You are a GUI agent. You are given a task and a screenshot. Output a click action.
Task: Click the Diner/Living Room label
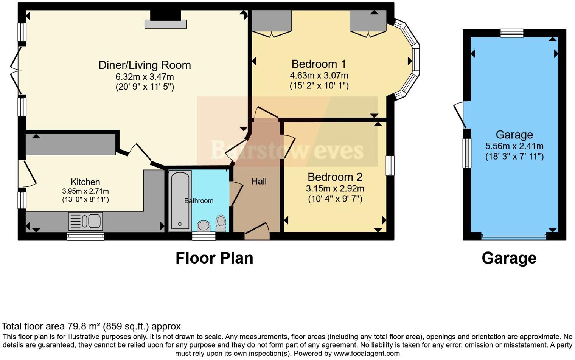(x=145, y=65)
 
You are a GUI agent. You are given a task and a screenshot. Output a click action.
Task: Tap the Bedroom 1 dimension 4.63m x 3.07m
(x=319, y=75)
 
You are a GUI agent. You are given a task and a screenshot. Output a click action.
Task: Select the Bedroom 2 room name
(x=335, y=177)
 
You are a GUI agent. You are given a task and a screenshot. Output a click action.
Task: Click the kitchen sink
(x=85, y=221)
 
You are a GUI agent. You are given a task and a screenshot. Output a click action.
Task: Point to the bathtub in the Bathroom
(x=180, y=201)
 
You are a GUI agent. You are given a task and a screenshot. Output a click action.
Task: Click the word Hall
(x=259, y=182)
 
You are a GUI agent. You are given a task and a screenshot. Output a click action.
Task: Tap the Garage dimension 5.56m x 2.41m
(x=514, y=146)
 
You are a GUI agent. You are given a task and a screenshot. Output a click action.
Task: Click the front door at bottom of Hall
(x=257, y=231)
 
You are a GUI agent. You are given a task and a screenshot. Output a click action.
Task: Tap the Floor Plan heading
(x=214, y=258)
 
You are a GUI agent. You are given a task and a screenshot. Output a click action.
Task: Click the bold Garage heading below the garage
(x=509, y=258)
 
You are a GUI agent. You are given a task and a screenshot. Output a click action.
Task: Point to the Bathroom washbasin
(x=204, y=227)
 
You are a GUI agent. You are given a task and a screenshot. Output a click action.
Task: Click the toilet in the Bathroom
(x=221, y=223)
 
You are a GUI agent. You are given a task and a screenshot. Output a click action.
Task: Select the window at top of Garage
(x=512, y=33)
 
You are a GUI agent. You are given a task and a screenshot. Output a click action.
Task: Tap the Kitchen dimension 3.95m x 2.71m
(x=85, y=191)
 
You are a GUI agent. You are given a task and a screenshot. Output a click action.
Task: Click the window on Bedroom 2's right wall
(x=390, y=166)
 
